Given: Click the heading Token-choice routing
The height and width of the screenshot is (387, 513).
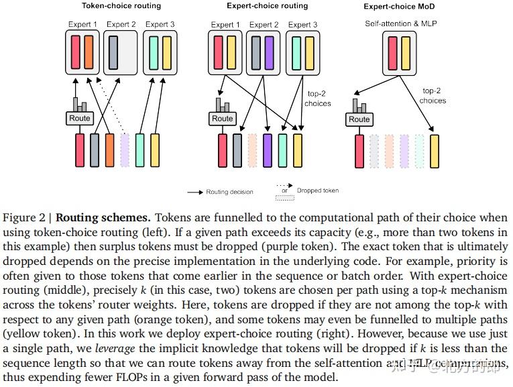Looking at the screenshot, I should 121,6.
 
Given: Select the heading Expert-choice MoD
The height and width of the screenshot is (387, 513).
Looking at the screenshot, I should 391,6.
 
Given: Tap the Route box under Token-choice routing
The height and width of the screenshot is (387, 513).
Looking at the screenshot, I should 80,119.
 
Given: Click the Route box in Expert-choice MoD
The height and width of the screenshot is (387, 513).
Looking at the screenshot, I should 359,119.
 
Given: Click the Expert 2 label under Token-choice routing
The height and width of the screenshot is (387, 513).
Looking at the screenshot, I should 121,25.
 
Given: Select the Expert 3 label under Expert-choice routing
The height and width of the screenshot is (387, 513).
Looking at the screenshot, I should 303,25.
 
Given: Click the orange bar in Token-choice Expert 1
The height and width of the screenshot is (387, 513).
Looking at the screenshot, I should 90,52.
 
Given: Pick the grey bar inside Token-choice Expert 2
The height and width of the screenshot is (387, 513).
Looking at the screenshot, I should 113,52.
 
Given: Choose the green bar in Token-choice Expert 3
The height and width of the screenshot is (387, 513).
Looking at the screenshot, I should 153,52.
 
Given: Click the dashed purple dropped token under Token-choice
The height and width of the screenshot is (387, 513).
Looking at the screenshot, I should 125,150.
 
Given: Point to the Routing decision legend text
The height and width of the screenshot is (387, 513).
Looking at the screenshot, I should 229,192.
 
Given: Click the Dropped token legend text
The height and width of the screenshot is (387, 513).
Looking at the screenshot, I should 318,190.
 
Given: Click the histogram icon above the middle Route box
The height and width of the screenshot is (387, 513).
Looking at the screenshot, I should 223,105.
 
